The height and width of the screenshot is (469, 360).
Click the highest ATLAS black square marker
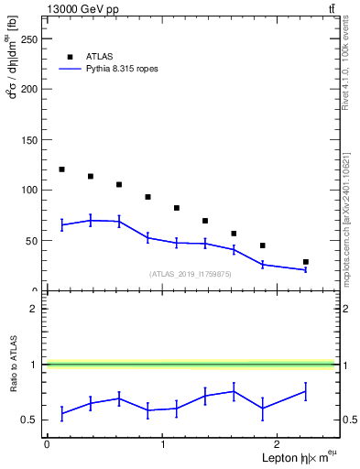pyautogui.click(x=61, y=169)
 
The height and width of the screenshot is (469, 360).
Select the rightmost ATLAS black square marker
pyautogui.click(x=305, y=262)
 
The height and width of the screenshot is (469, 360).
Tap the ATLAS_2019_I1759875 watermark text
pyautogui.click(x=191, y=274)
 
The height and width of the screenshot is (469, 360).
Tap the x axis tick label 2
pyautogui.click(x=278, y=444)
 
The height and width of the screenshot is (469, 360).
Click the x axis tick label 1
pyautogui.click(x=162, y=444)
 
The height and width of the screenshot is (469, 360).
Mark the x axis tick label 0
pyautogui.click(x=47, y=444)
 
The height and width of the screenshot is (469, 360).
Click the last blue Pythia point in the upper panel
pyautogui.click(x=305, y=269)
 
